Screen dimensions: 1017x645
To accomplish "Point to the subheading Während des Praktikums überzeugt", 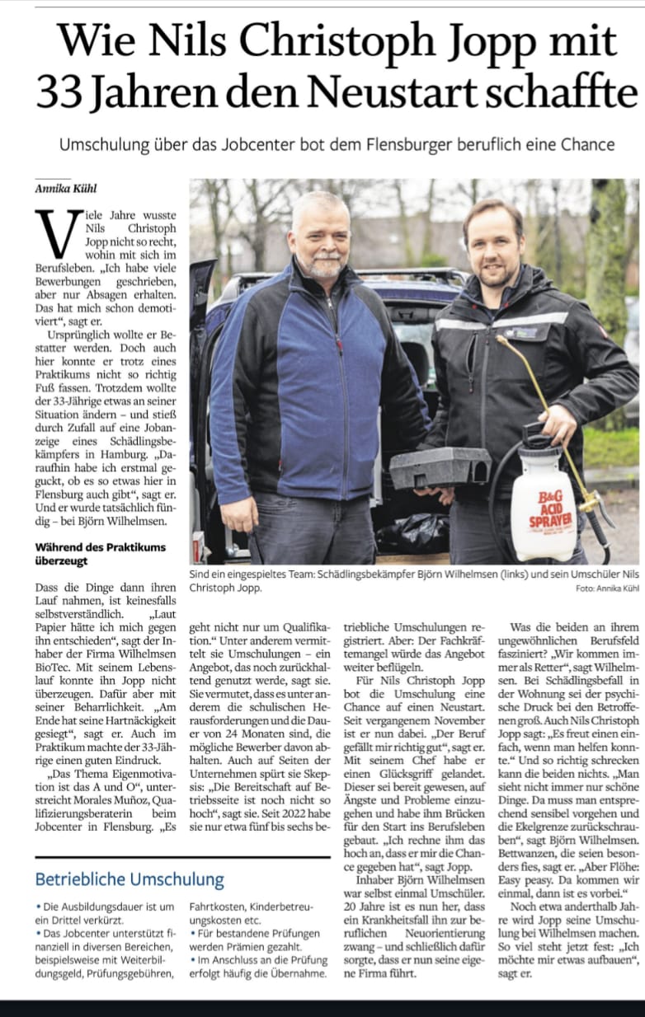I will pyautogui.click(x=100, y=553).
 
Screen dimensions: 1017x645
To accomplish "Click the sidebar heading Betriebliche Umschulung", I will pyautogui.click(x=129, y=879).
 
